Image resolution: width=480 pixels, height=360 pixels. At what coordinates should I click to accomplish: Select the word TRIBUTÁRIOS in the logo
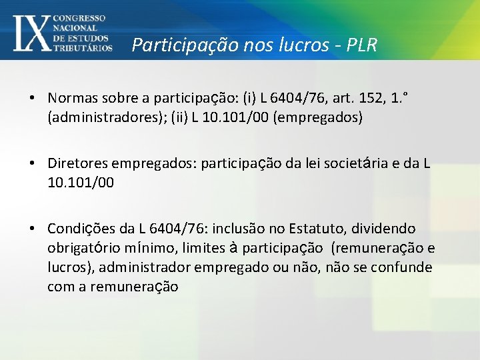click(x=83, y=48)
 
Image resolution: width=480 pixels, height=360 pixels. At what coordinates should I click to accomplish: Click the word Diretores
click(x=77, y=163)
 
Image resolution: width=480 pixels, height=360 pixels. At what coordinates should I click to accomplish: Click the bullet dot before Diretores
click(x=32, y=163)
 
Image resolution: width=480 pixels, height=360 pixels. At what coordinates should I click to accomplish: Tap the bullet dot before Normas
click(x=32, y=98)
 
